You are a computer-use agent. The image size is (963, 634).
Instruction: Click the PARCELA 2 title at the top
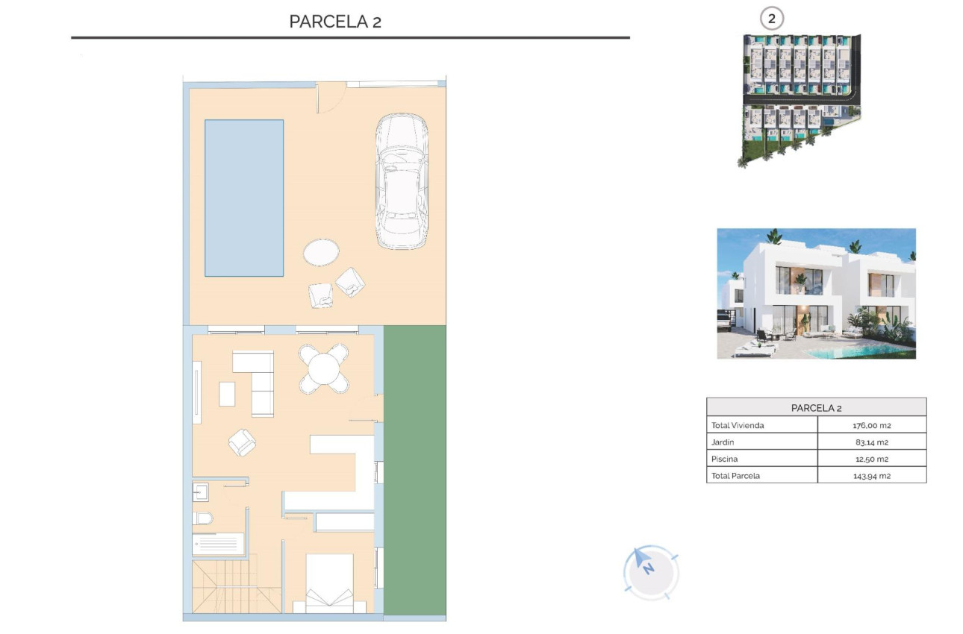(335, 22)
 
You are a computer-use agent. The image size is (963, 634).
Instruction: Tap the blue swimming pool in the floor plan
(244, 198)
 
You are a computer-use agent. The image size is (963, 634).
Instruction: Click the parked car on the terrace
(402, 181)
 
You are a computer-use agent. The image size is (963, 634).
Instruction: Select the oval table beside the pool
(322, 252)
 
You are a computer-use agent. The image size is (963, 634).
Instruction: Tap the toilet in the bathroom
(202, 518)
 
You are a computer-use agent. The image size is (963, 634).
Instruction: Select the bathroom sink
(201, 492)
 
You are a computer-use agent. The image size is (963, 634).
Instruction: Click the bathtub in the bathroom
(218, 544)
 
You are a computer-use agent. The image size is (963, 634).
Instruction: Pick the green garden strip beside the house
(414, 470)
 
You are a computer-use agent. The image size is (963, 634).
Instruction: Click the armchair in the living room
(242, 442)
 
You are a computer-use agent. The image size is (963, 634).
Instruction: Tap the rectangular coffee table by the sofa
(227, 394)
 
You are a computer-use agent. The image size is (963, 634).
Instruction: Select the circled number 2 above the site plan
(771, 19)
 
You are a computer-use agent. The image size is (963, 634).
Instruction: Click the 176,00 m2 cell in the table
(871, 425)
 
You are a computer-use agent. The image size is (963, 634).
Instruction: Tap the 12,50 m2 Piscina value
(871, 459)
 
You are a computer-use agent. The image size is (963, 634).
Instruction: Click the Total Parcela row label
(735, 476)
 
